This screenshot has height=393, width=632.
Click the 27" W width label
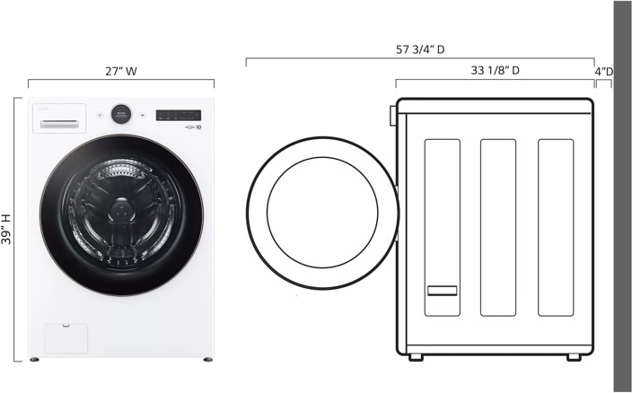pos(120,71)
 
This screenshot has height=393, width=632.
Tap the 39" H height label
pos(7,229)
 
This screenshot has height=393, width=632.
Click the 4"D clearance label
pos(604,71)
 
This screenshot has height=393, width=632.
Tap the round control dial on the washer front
pos(121,114)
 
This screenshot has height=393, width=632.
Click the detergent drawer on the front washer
pos(59,119)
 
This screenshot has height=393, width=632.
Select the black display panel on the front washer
pos(179,115)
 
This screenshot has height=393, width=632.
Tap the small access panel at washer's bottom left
pos(66,338)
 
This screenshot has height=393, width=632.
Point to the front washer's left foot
pos(34,361)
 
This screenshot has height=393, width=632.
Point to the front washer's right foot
pos(208,361)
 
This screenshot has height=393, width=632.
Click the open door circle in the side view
pos(322,214)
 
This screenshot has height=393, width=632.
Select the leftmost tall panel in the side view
pos(442,227)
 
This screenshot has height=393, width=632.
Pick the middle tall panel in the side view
pos(498,227)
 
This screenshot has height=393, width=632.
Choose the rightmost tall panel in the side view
pos(555,227)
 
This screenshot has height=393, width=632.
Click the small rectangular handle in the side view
pos(442,291)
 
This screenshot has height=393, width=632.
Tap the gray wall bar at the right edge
pos(622,196)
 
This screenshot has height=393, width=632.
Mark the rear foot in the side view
pos(574,357)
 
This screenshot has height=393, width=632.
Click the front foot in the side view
pos(417,357)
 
